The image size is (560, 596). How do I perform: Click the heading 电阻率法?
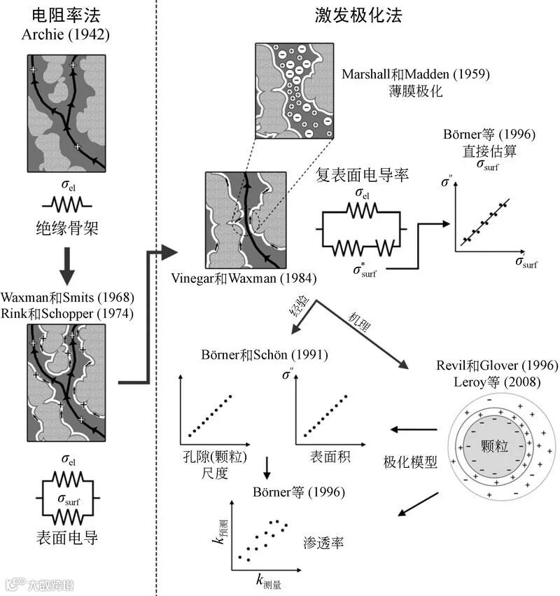[67, 16]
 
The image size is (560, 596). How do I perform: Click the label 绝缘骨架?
[67, 227]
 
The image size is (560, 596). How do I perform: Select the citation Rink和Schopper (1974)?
[67, 313]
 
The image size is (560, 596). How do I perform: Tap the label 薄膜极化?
[416, 90]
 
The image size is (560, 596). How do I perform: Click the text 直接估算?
[479, 149]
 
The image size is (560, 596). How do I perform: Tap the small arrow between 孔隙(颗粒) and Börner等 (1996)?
[268, 468]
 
